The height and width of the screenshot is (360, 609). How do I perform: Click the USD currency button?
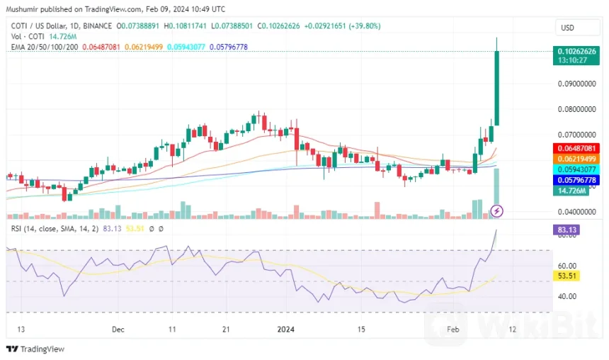tap(567, 28)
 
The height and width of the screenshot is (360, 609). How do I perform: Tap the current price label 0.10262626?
tap(576, 51)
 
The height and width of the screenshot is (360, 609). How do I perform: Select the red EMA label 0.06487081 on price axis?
tap(576, 147)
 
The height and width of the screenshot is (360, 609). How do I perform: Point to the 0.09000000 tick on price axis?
tap(576, 84)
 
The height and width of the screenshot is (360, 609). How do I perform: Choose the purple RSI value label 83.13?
tap(567, 230)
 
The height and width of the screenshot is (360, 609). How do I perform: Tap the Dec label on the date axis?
tap(118, 330)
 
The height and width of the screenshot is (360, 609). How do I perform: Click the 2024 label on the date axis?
tap(285, 330)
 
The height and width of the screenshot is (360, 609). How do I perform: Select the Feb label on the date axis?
tap(453, 330)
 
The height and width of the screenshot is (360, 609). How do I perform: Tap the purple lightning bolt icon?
tap(497, 210)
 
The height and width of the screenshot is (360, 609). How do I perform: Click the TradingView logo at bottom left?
tap(35, 349)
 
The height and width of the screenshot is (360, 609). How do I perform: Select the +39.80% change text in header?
tap(361, 26)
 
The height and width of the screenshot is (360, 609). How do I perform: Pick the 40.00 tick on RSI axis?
tap(566, 296)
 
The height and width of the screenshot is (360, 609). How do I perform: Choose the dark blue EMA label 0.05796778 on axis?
tap(576, 181)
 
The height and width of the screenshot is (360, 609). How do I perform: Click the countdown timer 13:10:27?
tap(571, 60)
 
